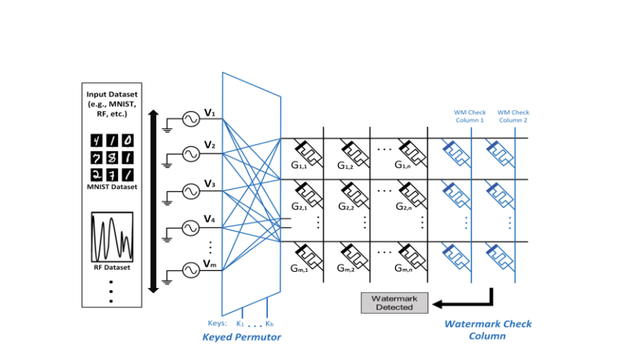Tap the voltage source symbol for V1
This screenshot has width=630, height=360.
click(x=190, y=118)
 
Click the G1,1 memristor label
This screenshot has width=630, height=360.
click(x=300, y=166)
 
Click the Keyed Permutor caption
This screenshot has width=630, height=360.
click(x=242, y=337)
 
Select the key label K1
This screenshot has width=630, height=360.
click(x=240, y=323)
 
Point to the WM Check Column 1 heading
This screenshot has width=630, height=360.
click(x=469, y=116)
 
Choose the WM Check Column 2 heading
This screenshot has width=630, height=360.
click(x=513, y=116)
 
